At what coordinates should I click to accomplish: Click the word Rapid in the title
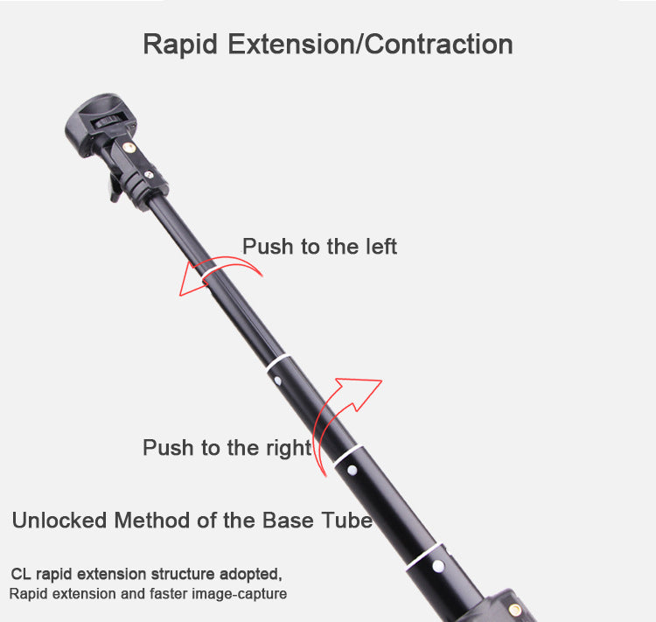click(x=180, y=45)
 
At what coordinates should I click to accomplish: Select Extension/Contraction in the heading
click(x=370, y=44)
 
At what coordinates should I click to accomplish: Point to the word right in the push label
click(x=289, y=449)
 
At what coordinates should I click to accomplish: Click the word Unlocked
click(x=59, y=521)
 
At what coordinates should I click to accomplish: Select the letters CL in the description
click(x=21, y=574)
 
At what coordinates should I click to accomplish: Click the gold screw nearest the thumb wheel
click(x=129, y=147)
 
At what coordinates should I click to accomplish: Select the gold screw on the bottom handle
click(x=515, y=610)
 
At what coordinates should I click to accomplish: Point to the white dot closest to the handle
click(x=438, y=566)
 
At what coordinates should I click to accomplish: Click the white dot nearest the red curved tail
click(x=352, y=470)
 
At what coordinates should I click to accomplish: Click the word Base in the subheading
click(x=288, y=521)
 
